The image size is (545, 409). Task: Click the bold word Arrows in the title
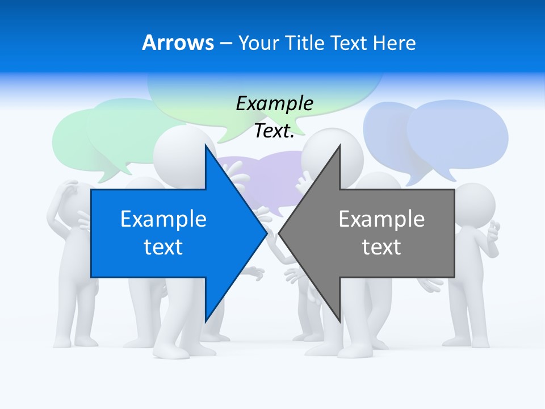pos(178,43)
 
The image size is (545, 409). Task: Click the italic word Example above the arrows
pos(274,104)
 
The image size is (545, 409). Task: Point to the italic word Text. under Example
pos(274,131)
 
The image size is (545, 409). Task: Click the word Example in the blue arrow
pos(163,219)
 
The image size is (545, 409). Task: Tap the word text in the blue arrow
pos(163,247)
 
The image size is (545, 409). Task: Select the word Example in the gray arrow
pos(381,219)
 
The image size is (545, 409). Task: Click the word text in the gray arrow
pos(381,247)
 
